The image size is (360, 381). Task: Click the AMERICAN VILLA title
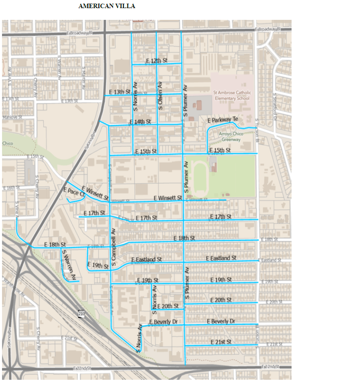[x=107, y=6]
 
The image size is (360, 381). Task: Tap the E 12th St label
[x=156, y=61]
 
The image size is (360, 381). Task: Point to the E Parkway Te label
[x=223, y=120]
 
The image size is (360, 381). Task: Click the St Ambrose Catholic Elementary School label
[x=232, y=95]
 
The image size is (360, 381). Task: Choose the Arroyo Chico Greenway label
[x=231, y=137]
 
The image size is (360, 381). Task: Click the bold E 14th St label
[x=140, y=122]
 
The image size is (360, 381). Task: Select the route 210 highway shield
[x=81, y=313]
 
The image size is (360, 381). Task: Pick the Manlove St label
[x=12, y=117]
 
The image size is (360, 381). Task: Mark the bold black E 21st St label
[x=221, y=342]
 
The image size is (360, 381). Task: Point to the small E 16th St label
[x=11, y=188]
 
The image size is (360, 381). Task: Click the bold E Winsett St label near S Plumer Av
[x=168, y=198]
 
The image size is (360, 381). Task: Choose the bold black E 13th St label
[x=119, y=92]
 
